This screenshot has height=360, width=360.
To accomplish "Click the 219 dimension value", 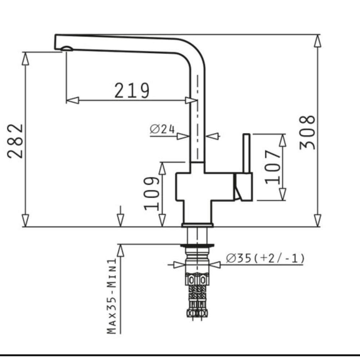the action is click(x=132, y=90).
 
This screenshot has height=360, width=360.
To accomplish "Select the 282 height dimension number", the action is click(x=15, y=141).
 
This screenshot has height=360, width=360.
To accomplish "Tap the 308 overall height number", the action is click(x=307, y=132).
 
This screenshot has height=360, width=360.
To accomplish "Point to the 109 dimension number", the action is click(x=152, y=193).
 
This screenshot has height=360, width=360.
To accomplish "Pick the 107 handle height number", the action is click(x=273, y=167).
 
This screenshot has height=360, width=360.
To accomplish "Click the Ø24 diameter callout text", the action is click(x=162, y=129).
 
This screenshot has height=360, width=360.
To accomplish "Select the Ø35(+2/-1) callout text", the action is click(x=265, y=258).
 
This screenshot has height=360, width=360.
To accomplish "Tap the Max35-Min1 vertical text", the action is click(x=112, y=296).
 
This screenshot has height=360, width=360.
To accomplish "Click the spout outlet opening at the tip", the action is click(x=67, y=49).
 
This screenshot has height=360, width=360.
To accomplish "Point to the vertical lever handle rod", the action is click(x=247, y=153).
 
